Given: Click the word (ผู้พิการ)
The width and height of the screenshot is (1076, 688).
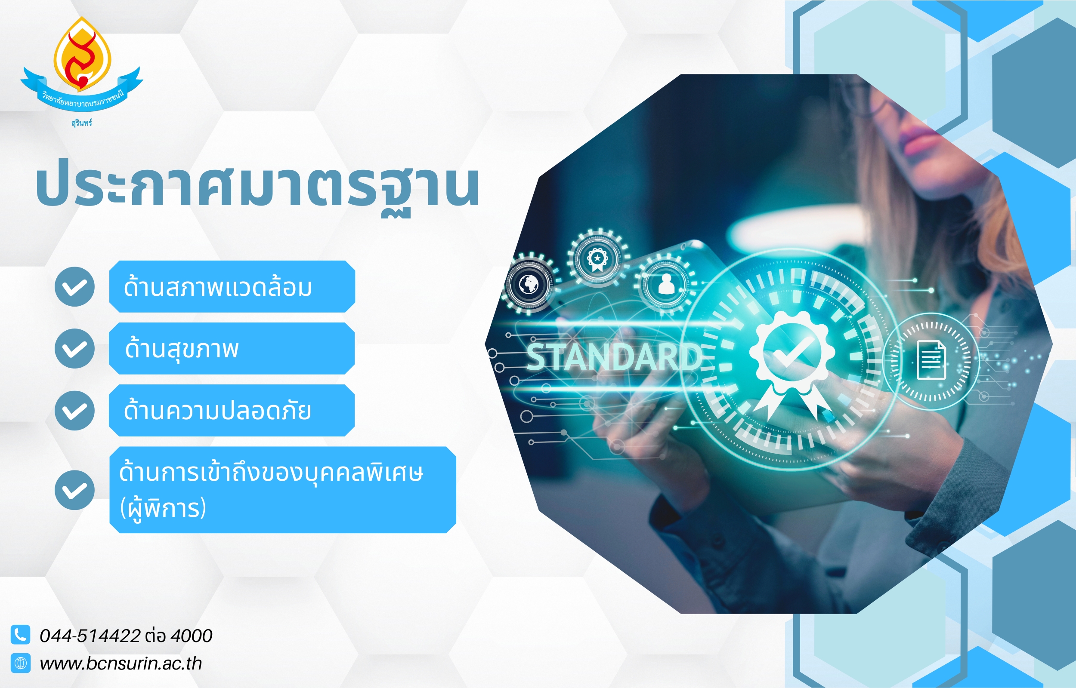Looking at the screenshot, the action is tap(163, 508).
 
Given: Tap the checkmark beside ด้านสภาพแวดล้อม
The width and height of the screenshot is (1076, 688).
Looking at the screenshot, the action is tap(74, 287).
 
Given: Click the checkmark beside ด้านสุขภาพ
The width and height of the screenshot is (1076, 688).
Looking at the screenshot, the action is tap(74, 348).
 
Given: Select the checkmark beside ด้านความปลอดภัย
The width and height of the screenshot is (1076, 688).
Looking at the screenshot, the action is tap(74, 411).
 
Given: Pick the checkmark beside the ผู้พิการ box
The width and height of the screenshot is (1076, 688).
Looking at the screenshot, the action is tap(74, 490).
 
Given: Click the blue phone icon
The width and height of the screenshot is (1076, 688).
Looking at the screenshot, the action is tap(20, 634).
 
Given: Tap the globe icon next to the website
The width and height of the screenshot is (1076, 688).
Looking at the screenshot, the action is tap(20, 663).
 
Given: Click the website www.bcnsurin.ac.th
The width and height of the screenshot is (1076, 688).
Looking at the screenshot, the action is tap(121, 663).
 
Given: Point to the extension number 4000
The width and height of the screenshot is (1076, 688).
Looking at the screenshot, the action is tap(192, 636).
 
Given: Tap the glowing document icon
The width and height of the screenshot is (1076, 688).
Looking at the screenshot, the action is tap(931, 360).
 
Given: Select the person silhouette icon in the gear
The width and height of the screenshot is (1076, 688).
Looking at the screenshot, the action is tap(666, 284).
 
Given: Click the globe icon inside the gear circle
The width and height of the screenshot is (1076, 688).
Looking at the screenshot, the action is tap(530, 284).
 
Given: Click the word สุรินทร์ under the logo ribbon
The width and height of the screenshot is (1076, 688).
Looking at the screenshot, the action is tap(81, 123).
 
